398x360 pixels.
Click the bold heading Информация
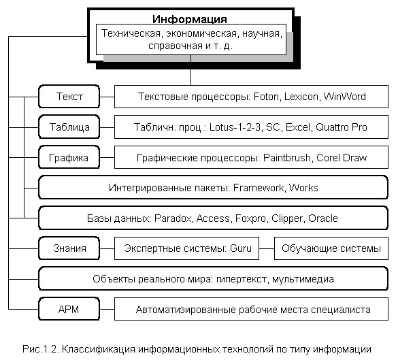point(190,19)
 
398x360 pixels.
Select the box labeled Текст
point(69,97)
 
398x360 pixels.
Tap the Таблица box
point(69,127)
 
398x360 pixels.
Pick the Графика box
point(69,157)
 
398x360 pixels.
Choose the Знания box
point(69,248)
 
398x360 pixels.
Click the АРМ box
point(69,309)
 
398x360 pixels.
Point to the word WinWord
point(345,97)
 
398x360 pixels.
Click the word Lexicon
point(301,97)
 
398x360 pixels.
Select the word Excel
point(298,127)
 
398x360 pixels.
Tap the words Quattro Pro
point(342,127)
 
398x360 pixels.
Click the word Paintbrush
point(287,158)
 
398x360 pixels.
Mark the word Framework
point(259,188)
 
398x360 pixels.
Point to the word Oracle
point(323,218)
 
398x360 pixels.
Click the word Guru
point(241,248)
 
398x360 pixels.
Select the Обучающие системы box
point(331,248)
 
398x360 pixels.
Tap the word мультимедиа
point(303,279)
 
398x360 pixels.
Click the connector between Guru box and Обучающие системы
point(267,248)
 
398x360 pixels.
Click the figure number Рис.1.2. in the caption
point(41,349)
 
